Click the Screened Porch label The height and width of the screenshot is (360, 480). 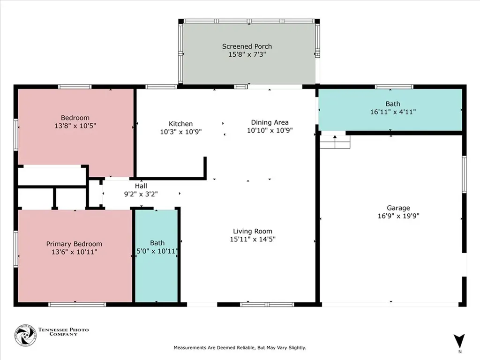[247, 46]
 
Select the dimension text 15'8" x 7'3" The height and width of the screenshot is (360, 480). [247, 54]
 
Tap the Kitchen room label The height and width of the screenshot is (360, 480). [180, 124]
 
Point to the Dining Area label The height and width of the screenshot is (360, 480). [270, 122]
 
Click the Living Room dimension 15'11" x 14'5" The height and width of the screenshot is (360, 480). [253, 239]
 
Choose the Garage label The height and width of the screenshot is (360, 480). [398, 208]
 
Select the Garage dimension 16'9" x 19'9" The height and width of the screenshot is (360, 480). [398, 216]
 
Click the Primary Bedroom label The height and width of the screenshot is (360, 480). [74, 244]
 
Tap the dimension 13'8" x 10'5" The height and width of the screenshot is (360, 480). [75, 126]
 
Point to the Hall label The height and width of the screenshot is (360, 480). [141, 186]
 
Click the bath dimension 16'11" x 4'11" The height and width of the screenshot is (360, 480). [393, 112]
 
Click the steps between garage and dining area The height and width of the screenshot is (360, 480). [335, 142]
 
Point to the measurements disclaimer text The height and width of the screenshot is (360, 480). [240, 348]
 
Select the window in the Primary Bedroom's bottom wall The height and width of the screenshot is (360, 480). [77, 305]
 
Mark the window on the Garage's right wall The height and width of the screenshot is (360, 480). [464, 174]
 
